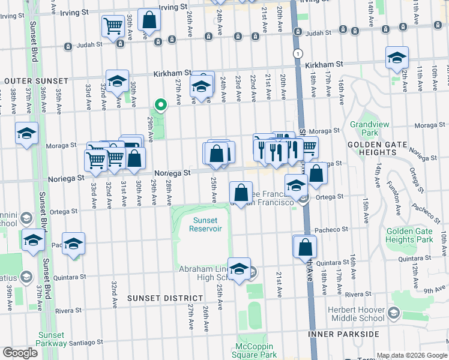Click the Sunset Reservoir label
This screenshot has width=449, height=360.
pos(205,223)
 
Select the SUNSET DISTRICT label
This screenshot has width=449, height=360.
pos(165,298)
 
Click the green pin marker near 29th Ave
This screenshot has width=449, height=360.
pos(160,105)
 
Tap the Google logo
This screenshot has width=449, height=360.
pos(20,353)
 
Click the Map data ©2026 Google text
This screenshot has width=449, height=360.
pos(412,355)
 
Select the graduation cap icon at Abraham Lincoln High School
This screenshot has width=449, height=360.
pos(240,270)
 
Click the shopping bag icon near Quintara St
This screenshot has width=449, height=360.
pos(305,246)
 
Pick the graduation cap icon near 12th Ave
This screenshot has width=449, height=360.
pos(397,58)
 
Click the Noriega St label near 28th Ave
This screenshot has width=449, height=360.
pos(173,172)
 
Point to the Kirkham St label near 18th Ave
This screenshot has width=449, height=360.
pos(324,64)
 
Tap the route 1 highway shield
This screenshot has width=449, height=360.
pos(298,53)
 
